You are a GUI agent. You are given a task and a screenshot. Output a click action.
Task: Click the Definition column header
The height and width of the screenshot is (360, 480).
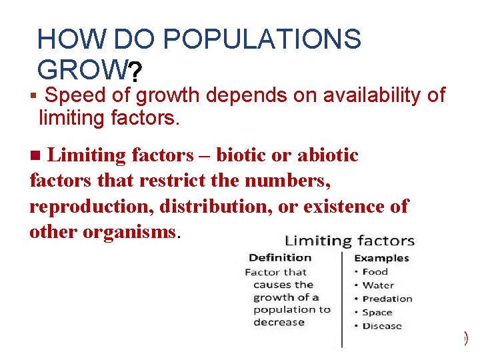point(280,257)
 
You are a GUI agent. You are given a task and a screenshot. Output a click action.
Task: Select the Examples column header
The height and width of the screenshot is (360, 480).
point(381,258)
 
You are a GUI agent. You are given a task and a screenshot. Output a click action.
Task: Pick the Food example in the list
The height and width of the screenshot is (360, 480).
point(375,271)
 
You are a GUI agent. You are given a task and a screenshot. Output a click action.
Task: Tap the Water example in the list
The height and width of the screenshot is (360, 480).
point(378,285)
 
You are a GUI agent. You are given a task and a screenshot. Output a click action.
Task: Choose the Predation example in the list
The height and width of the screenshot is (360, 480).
point(387,299)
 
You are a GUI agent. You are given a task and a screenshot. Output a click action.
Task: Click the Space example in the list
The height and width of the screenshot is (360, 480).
point(377,312)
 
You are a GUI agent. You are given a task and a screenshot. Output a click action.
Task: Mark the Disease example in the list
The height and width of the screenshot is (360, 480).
point(382,326)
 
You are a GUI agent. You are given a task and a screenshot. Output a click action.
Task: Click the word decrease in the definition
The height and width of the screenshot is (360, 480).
point(279,322)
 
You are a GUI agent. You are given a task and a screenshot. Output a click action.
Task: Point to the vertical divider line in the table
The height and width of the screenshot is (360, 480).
point(342,300)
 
